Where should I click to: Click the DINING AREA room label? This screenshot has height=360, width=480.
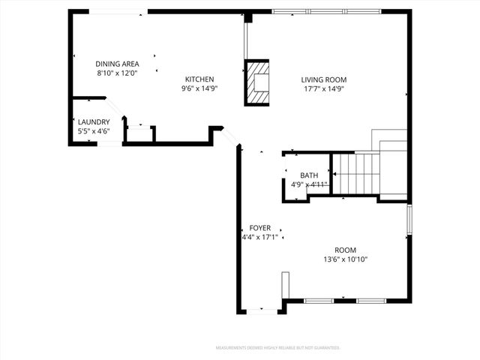tap(117, 64)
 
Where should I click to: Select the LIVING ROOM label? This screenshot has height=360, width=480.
tap(324, 79)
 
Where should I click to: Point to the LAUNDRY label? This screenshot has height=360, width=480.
tap(94, 122)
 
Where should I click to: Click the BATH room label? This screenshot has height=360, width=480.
tap(309, 175)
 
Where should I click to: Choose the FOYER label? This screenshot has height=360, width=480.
tap(260, 228)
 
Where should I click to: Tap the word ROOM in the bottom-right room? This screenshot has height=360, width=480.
tap(346, 250)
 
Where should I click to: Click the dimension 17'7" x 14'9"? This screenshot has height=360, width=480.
tap(324, 88)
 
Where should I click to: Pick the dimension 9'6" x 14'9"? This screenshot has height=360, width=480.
tap(199, 88)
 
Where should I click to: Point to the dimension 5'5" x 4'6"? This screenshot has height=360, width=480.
tap(94, 131)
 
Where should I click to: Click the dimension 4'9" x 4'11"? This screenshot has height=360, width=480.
tap(309, 184)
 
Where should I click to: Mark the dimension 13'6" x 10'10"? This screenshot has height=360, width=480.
tap(346, 259)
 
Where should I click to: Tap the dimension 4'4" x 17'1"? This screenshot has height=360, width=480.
tap(259, 237)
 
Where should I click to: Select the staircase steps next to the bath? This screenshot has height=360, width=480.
tap(357, 172)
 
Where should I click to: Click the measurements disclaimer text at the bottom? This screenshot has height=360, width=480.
tap(277, 348)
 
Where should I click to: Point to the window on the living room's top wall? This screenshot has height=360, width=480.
tap(309, 11)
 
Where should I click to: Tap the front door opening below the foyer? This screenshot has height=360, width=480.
tap(261, 309)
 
